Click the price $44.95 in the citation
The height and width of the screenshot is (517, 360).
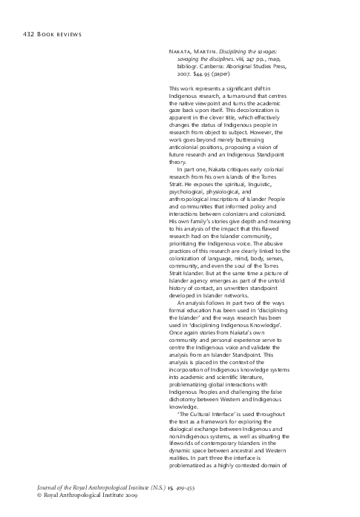[202, 75]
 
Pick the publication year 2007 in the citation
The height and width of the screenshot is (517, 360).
[180, 75]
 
